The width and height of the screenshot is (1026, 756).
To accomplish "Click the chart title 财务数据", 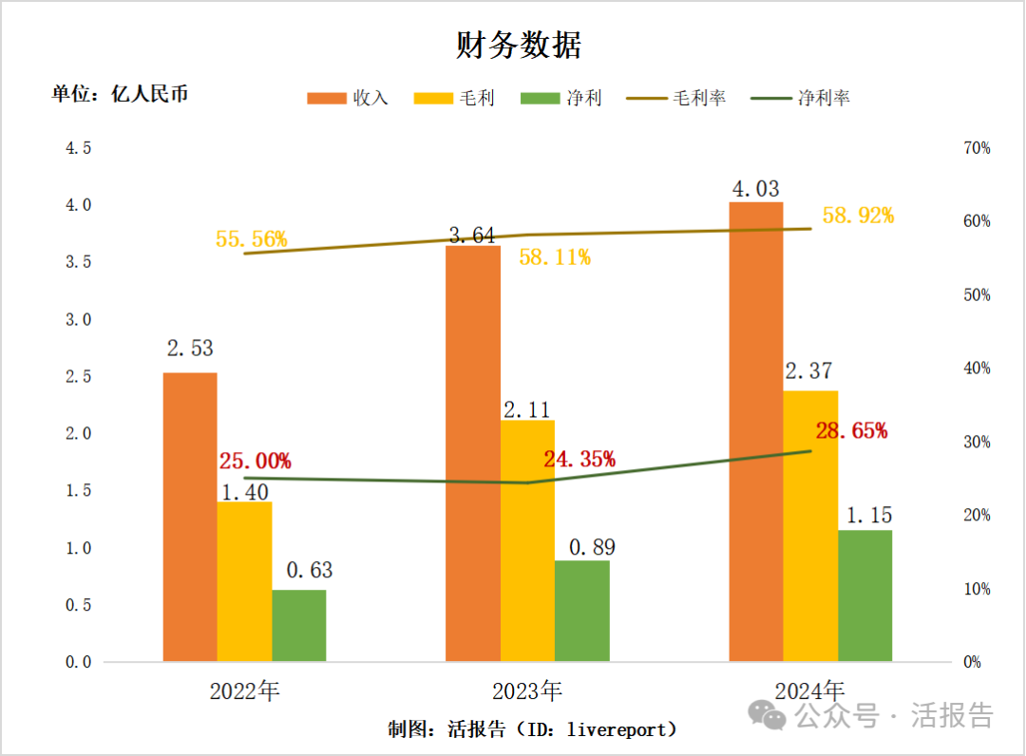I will tap(518, 45).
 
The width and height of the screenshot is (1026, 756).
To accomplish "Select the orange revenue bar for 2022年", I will tap(190, 518).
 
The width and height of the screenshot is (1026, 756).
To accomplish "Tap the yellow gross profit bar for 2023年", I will tap(528, 541).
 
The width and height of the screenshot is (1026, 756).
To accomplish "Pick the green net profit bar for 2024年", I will tap(865, 596).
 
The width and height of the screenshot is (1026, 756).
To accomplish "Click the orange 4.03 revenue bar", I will tap(755, 432).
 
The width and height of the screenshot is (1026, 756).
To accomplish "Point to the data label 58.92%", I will tap(858, 216).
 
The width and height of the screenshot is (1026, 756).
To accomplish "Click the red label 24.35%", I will tap(579, 460).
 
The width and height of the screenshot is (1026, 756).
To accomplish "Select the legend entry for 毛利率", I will tap(676, 98).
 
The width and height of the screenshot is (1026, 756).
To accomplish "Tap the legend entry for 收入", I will tap(348, 98).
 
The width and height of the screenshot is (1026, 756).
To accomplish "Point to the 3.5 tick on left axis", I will tap(78, 262).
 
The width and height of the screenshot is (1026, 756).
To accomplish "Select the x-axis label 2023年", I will tap(527, 690).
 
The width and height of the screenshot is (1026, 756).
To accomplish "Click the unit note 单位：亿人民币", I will tap(120, 94).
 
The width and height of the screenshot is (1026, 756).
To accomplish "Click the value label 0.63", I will tap(310, 571).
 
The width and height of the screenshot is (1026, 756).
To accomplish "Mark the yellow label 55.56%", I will tap(252, 239).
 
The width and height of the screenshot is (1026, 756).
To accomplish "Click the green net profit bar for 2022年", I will tap(299, 626).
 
